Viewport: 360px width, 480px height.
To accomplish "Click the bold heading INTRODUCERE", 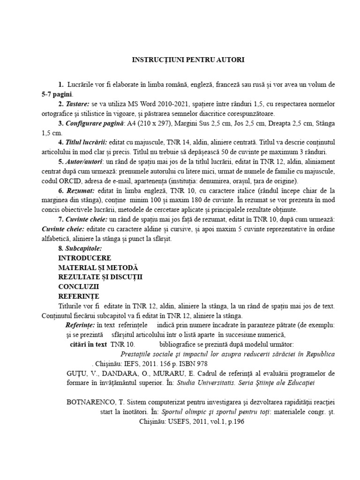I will coord(85,258).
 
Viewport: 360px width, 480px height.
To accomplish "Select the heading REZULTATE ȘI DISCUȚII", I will coord(100,277).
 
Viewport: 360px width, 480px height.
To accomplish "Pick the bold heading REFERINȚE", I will coord(79,296).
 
